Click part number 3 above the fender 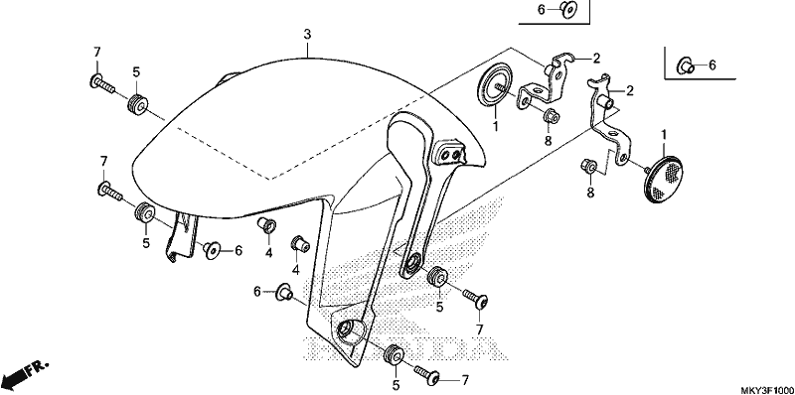307,35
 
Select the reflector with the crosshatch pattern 663,180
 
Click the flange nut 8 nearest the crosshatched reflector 588,166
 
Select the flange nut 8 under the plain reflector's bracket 552,116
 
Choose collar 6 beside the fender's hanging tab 212,249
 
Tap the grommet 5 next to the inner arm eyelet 437,276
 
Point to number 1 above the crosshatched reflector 663,135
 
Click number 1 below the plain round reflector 495,125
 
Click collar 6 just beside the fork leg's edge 283,292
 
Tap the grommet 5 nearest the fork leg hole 394,354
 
